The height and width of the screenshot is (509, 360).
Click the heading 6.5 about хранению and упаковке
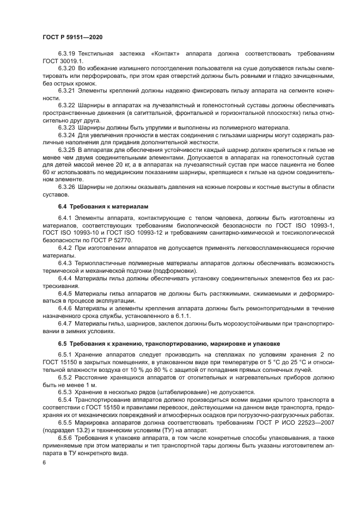click(169, 344)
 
